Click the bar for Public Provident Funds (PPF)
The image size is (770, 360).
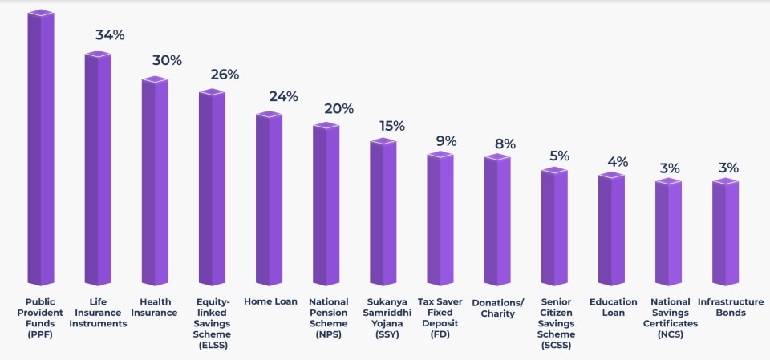pos(40,148)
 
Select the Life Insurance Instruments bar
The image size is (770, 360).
pos(98,168)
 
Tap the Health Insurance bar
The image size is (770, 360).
pos(155,181)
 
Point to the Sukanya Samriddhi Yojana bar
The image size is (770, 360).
pos(383,212)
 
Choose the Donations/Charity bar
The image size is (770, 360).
pos(497,220)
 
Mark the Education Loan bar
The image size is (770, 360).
pos(611,229)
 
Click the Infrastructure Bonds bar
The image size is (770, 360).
pos(725,233)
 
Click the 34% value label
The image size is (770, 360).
pos(109,35)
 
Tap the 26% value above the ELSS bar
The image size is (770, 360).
pos(224,75)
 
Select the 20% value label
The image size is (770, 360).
pos(338,108)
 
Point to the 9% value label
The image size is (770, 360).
pos(446,141)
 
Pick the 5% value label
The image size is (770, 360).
pos(559,156)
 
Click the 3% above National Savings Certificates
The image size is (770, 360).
pos(670,168)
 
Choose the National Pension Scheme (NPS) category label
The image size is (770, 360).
pos(326,318)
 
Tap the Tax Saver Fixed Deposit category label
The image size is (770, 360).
pos(440,318)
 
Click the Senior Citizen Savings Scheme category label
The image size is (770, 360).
pos(554,323)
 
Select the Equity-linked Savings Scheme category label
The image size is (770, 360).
pos(213,323)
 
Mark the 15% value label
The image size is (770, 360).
pos(392,126)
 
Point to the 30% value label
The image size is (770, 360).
pos(167,60)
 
